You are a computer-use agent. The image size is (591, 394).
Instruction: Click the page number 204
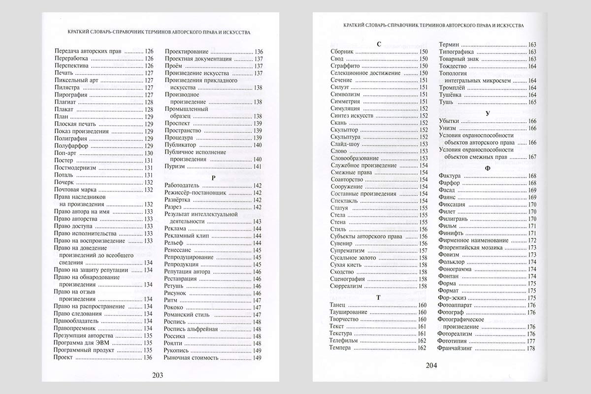(x=431, y=365)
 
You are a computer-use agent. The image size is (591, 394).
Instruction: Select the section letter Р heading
(x=213, y=177)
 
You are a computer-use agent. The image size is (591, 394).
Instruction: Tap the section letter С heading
(x=378, y=44)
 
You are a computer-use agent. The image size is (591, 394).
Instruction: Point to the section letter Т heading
(x=378, y=297)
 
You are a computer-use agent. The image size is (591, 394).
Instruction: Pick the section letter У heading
(x=487, y=113)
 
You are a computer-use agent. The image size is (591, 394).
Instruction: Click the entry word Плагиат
(x=65, y=102)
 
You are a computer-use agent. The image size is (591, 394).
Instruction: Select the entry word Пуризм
(x=174, y=167)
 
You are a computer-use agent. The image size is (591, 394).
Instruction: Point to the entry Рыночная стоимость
(x=191, y=358)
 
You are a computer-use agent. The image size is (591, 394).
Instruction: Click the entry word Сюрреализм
(x=346, y=286)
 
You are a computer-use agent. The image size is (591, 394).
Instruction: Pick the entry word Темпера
(x=340, y=348)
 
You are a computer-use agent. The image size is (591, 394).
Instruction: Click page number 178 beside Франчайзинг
(x=531, y=348)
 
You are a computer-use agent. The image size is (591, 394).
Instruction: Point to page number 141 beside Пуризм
(x=257, y=167)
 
